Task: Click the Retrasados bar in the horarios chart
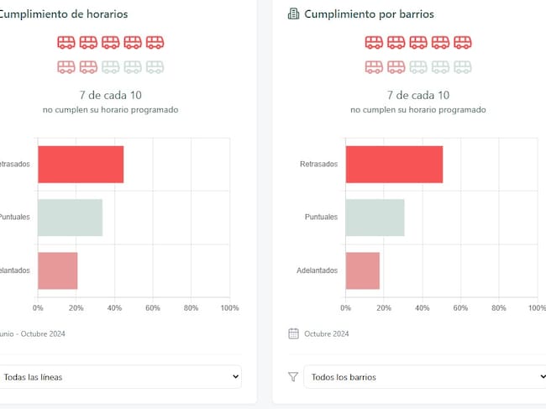[81, 164]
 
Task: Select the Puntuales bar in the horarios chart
[70, 217]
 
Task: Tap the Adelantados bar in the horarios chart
[57, 270]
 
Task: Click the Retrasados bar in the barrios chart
[394, 164]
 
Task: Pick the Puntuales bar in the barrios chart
[375, 217]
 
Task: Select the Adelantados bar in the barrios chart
[362, 270]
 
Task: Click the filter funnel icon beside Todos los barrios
[293, 377]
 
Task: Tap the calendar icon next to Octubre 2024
[293, 333]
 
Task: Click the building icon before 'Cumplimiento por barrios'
[293, 14]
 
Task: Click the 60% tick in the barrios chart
[460, 308]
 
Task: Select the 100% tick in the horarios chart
[229, 308]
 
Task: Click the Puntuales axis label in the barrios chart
[321, 217]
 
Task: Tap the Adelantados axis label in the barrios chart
[317, 270]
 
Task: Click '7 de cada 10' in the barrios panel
[417, 95]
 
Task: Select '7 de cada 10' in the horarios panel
[110, 95]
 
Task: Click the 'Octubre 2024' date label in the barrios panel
[327, 333]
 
